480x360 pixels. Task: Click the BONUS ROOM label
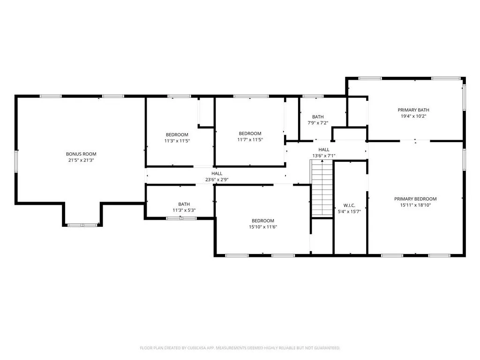click(81, 154)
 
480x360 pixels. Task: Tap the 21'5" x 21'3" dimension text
click(81, 160)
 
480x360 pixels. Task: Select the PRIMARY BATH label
click(413, 110)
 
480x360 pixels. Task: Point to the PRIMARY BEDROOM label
click(415, 199)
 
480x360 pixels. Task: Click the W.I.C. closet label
click(349, 205)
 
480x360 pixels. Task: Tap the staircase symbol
click(322, 188)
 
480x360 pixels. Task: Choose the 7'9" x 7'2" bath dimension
click(318, 123)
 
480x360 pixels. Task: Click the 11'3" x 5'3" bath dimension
click(184, 210)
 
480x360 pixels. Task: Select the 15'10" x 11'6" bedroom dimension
click(263, 227)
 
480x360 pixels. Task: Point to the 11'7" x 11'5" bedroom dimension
click(250, 140)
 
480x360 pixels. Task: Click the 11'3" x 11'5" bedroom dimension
click(177, 141)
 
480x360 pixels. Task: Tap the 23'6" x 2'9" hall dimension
click(217, 180)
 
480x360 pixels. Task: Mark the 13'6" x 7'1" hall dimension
click(323, 156)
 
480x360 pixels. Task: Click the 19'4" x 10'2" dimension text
click(413, 116)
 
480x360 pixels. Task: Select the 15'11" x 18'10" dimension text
click(415, 205)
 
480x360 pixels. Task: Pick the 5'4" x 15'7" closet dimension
click(349, 211)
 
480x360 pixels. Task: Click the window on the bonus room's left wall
click(16, 161)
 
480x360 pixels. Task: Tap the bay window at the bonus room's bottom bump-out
click(82, 225)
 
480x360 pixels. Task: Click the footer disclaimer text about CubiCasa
click(240, 348)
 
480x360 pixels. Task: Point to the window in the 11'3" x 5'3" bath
click(181, 218)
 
